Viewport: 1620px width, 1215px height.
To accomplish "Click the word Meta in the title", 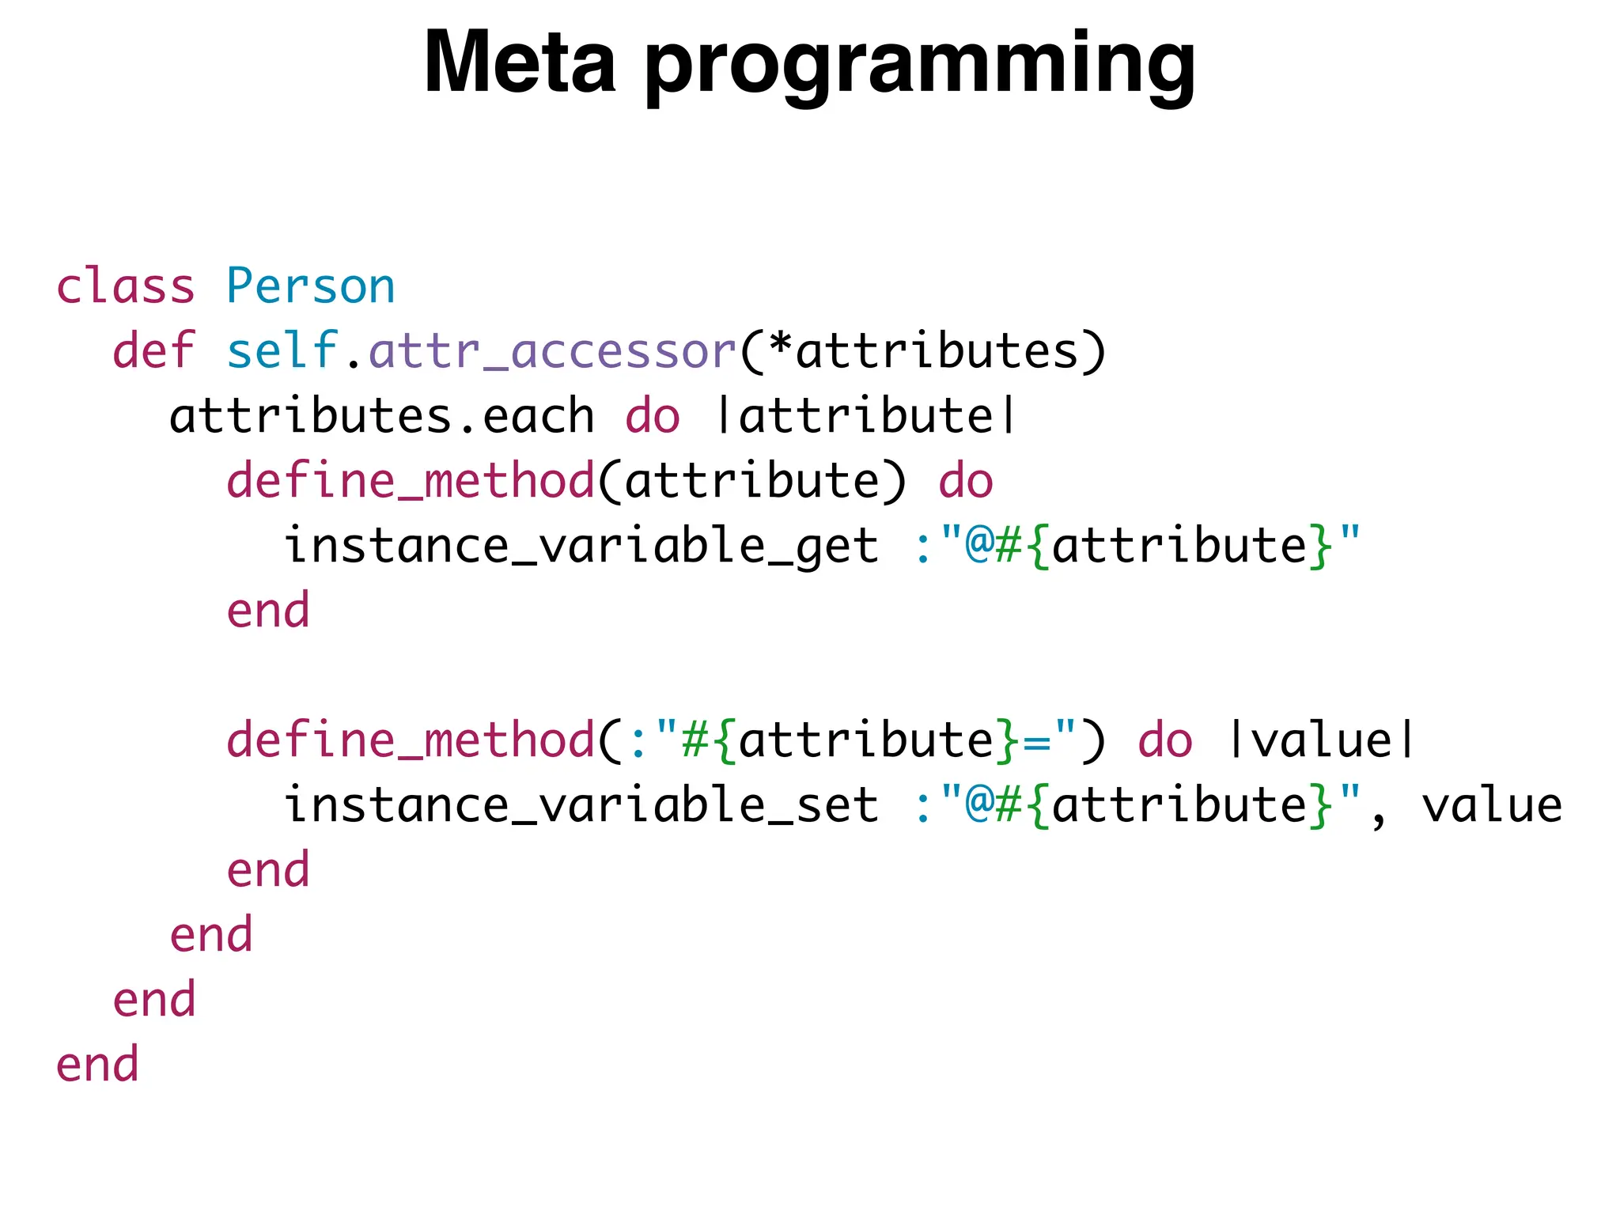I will [519, 63].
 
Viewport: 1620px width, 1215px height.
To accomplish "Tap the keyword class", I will [125, 286].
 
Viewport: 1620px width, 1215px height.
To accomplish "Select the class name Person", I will [310, 286].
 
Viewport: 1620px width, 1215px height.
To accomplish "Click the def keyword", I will [153, 350].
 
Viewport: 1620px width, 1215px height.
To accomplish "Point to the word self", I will [282, 350].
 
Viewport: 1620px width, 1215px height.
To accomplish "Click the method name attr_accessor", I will [552, 352].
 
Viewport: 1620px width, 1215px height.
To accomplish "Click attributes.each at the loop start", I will [381, 415].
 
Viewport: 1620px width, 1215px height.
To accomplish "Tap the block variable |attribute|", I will [865, 415].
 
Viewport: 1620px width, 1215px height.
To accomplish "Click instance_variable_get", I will [581, 545].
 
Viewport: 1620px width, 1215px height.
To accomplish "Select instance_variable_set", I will [581, 804].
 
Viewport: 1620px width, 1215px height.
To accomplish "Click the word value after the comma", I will [1492, 804].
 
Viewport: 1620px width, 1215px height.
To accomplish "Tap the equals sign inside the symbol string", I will [1035, 741].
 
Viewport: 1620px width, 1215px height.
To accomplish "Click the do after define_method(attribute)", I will [965, 480].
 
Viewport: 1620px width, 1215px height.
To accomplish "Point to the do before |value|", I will [1164, 740].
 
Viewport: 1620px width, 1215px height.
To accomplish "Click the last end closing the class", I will [97, 1064].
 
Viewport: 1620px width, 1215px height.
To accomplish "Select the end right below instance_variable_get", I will [268, 610].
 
